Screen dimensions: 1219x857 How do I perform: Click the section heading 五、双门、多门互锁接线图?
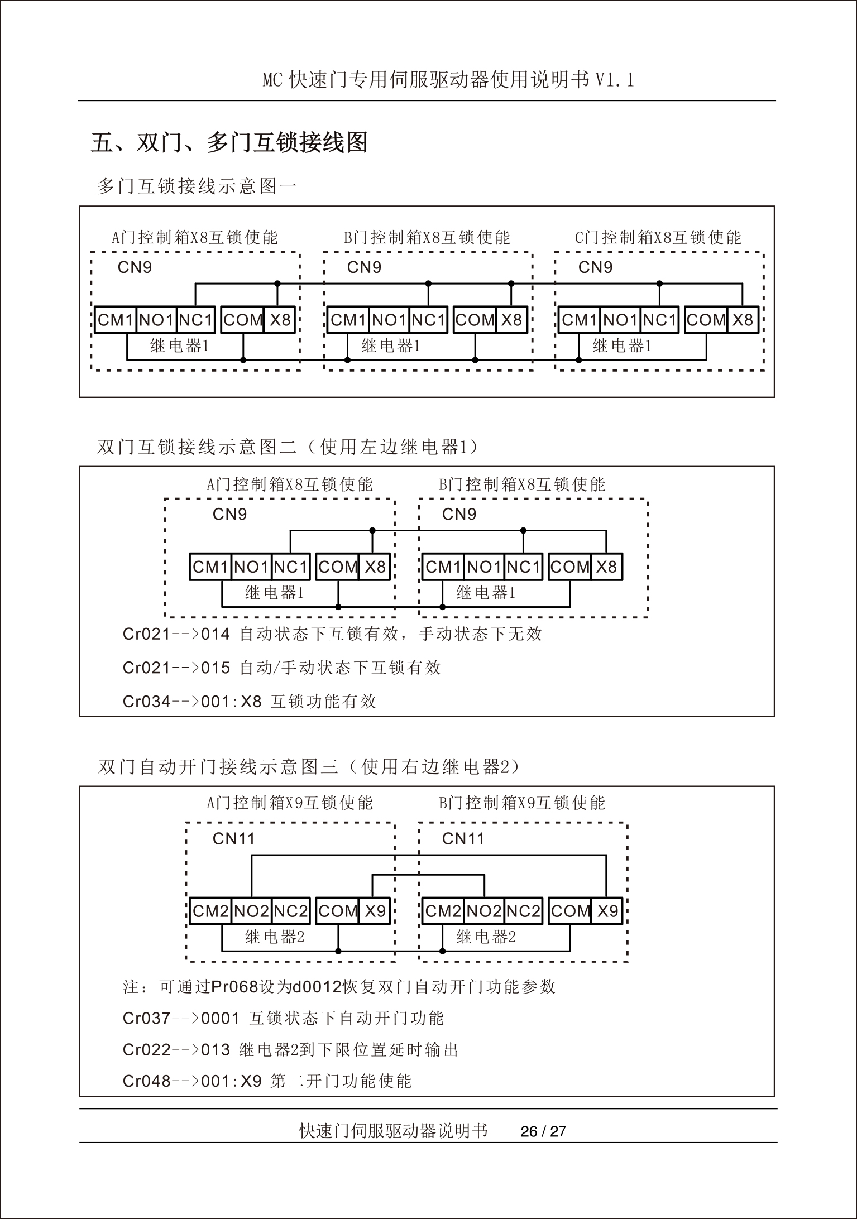pos(229,142)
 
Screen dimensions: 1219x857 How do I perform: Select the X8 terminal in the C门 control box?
pos(743,320)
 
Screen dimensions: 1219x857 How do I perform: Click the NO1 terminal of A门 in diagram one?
pos(156,320)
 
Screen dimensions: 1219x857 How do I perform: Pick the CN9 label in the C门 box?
pos(595,267)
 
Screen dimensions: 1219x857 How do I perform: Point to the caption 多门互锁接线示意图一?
pos(197,186)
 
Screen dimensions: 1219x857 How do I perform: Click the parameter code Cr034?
pos(146,702)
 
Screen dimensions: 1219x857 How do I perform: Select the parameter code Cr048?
pos(146,1081)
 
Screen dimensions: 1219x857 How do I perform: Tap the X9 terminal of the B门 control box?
pos(607,911)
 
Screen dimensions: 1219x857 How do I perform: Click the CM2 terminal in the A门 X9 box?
pos(210,911)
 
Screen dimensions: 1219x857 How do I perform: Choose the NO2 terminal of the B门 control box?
pos(484,911)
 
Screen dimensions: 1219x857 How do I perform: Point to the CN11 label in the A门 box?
pos(233,838)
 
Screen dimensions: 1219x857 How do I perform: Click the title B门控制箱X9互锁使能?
pos(521,803)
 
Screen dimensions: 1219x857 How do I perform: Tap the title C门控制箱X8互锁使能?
pos(658,238)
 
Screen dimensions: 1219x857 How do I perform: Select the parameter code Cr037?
pos(146,1018)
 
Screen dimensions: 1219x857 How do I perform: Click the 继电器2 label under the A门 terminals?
pos(275,937)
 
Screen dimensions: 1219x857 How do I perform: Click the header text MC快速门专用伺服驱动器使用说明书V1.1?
pos(448,80)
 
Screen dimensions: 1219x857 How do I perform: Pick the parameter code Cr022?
pos(146,1050)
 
